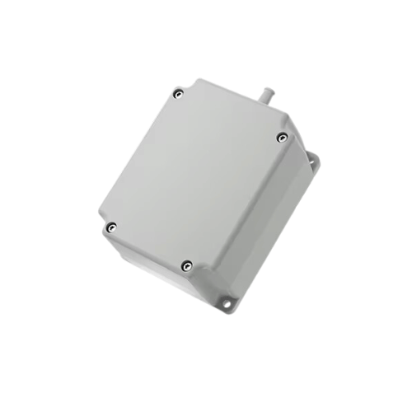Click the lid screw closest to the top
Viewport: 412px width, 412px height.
(177, 95)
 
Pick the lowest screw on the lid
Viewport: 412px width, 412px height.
(187, 265)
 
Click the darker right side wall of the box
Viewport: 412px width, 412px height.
(264, 222)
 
